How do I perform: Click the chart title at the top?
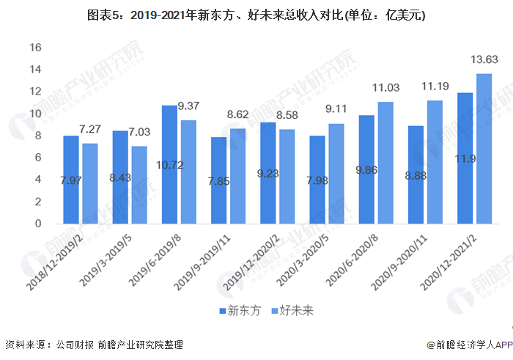256,15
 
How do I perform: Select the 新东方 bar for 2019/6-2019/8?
169,164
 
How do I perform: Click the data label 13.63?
484,60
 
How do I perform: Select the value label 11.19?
435,87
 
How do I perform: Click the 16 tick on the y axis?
34,48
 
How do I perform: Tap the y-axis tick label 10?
34,114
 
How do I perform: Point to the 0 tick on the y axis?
37,224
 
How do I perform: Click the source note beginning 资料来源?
94,345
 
